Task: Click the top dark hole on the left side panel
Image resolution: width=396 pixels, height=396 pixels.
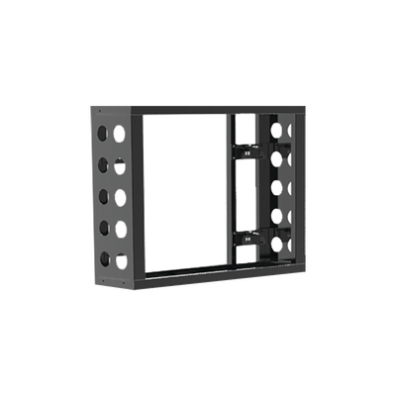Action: click(x=103, y=132)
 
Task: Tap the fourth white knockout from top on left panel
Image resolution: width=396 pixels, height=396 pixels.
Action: click(x=120, y=228)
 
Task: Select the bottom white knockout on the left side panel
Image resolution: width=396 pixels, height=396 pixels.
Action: click(x=120, y=260)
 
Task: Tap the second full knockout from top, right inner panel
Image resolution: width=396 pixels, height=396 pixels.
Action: click(x=289, y=157)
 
